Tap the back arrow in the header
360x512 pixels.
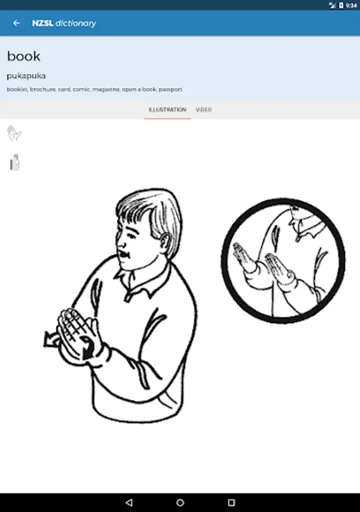click(x=16, y=23)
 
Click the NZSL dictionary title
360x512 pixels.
click(x=64, y=23)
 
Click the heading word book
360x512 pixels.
click(x=23, y=56)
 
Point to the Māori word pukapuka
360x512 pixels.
click(x=26, y=76)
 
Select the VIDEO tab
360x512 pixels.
click(x=204, y=110)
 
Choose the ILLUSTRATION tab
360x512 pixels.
click(x=167, y=110)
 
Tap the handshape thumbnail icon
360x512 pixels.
click(x=14, y=133)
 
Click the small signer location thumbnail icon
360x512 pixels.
click(x=15, y=162)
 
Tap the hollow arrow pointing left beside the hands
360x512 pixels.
click(x=51, y=339)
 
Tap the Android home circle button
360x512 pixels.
click(x=180, y=502)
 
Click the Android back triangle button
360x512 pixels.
click(x=129, y=502)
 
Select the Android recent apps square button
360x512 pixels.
click(x=231, y=502)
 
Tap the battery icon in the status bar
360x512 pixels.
click(x=341, y=5)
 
